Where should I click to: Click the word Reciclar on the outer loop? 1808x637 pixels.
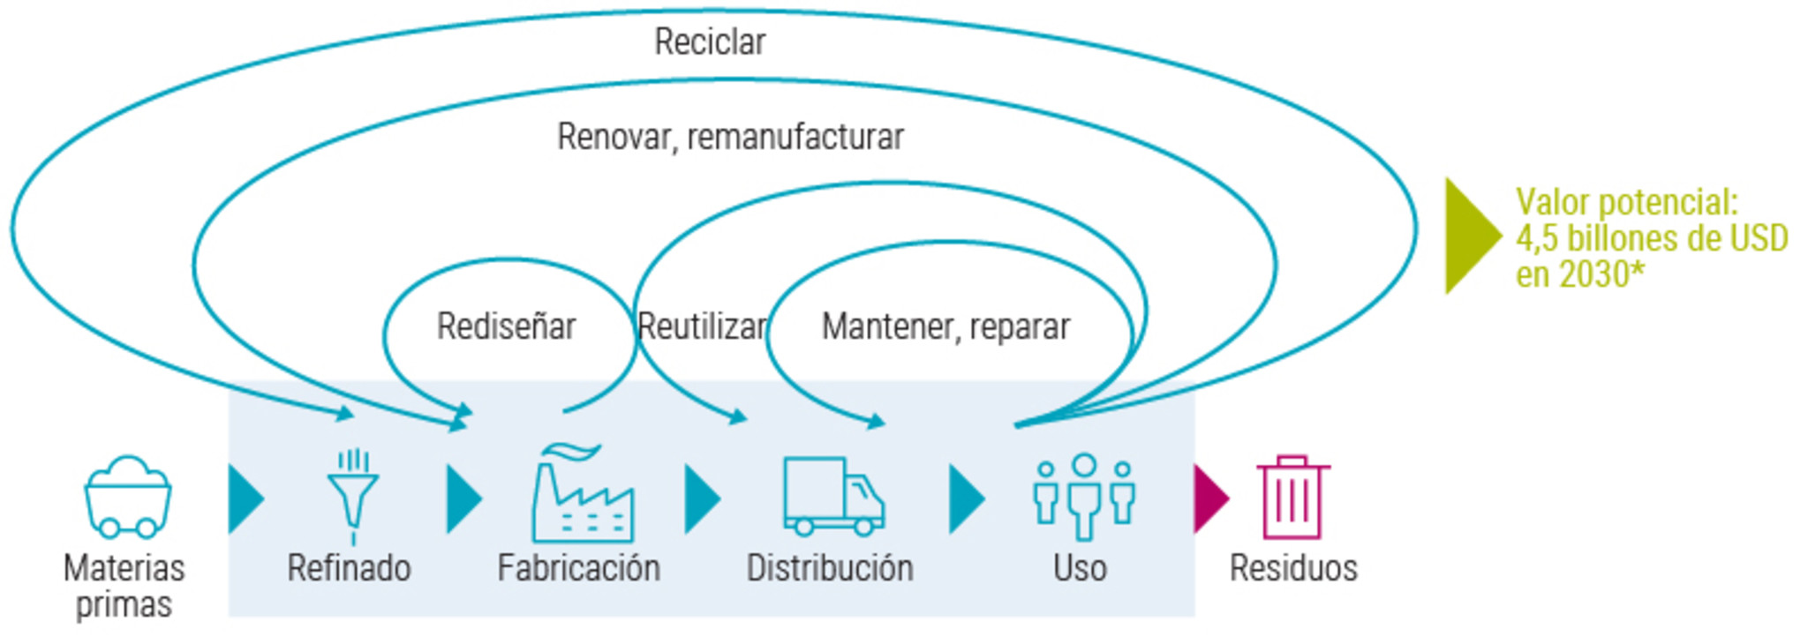coord(709,41)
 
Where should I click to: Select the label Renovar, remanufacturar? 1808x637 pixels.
coord(730,137)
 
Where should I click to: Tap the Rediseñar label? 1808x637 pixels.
coord(506,326)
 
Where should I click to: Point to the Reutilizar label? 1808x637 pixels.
coord(703,326)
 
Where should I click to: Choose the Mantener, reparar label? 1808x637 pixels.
coord(945,326)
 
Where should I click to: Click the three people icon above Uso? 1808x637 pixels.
coord(1084,496)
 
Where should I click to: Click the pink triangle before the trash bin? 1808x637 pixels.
coord(1209,498)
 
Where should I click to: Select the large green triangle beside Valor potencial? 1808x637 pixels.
coord(1470,236)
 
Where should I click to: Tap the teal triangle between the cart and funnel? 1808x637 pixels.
coord(245,498)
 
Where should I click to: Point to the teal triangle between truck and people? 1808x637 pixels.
coord(966,498)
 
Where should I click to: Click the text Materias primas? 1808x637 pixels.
coord(124,586)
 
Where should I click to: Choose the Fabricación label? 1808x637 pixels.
coord(578,568)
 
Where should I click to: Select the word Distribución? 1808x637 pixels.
coord(830,568)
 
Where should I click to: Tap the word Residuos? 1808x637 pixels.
coord(1293,568)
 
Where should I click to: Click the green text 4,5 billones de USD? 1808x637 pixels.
coord(1652,238)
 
